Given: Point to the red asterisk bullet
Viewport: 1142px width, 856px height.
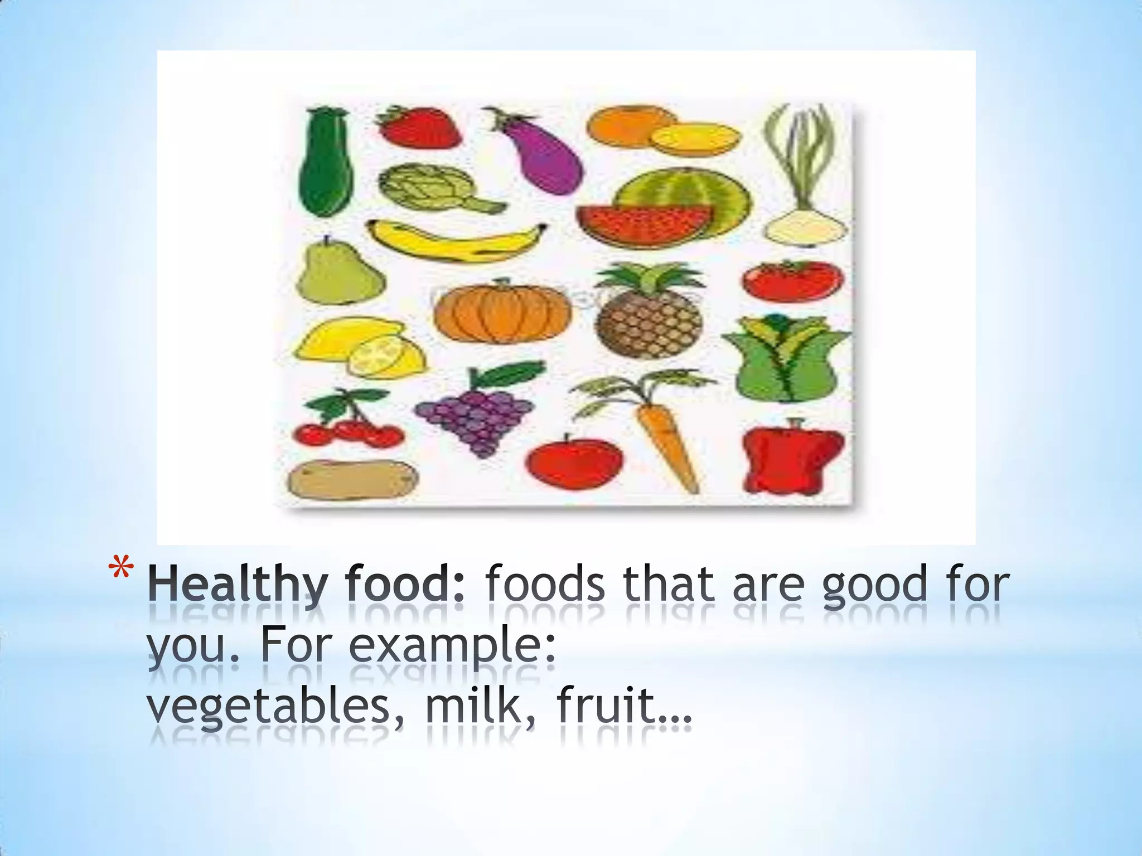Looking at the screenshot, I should click(x=122, y=571).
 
